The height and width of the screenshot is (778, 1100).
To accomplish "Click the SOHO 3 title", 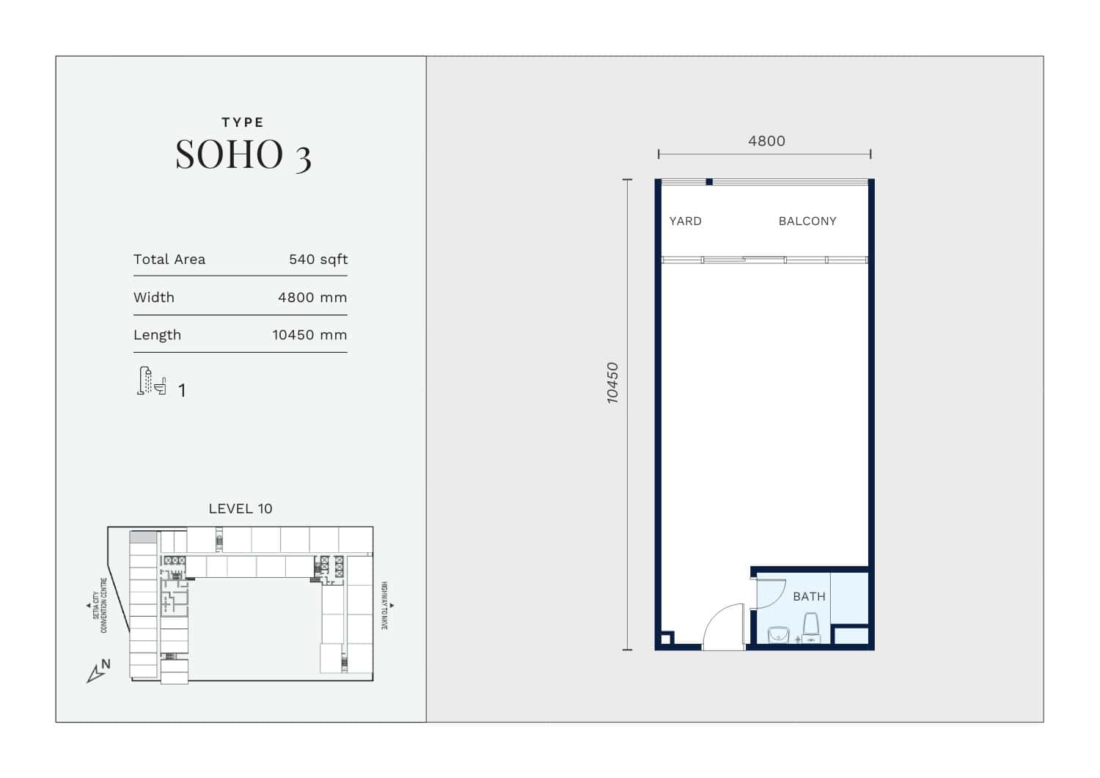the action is click(243, 155).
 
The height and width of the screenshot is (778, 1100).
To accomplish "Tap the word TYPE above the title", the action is click(243, 122).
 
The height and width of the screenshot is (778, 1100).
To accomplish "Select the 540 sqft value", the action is click(318, 259).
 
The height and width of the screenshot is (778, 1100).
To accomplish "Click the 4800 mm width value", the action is click(312, 297).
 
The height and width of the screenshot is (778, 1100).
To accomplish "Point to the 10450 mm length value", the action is click(309, 334).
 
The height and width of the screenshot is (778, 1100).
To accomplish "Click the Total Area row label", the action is click(169, 259).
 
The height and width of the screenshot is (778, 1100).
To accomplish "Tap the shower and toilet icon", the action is click(151, 381).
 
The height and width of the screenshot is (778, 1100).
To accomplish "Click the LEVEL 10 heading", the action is click(241, 508).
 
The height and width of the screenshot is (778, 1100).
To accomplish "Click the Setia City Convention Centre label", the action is click(100, 605).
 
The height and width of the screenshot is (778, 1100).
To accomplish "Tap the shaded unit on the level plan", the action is click(143, 537).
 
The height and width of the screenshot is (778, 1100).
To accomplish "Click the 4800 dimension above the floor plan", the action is click(766, 141).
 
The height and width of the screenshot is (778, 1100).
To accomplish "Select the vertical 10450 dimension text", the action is click(612, 383).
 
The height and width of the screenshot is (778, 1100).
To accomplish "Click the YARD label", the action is click(686, 221).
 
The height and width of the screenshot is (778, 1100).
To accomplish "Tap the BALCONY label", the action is click(807, 221).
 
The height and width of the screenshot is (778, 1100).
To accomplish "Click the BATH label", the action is click(810, 597).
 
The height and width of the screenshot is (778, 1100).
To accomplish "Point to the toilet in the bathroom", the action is click(811, 627).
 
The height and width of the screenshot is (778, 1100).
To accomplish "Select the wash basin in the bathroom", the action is click(778, 634).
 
